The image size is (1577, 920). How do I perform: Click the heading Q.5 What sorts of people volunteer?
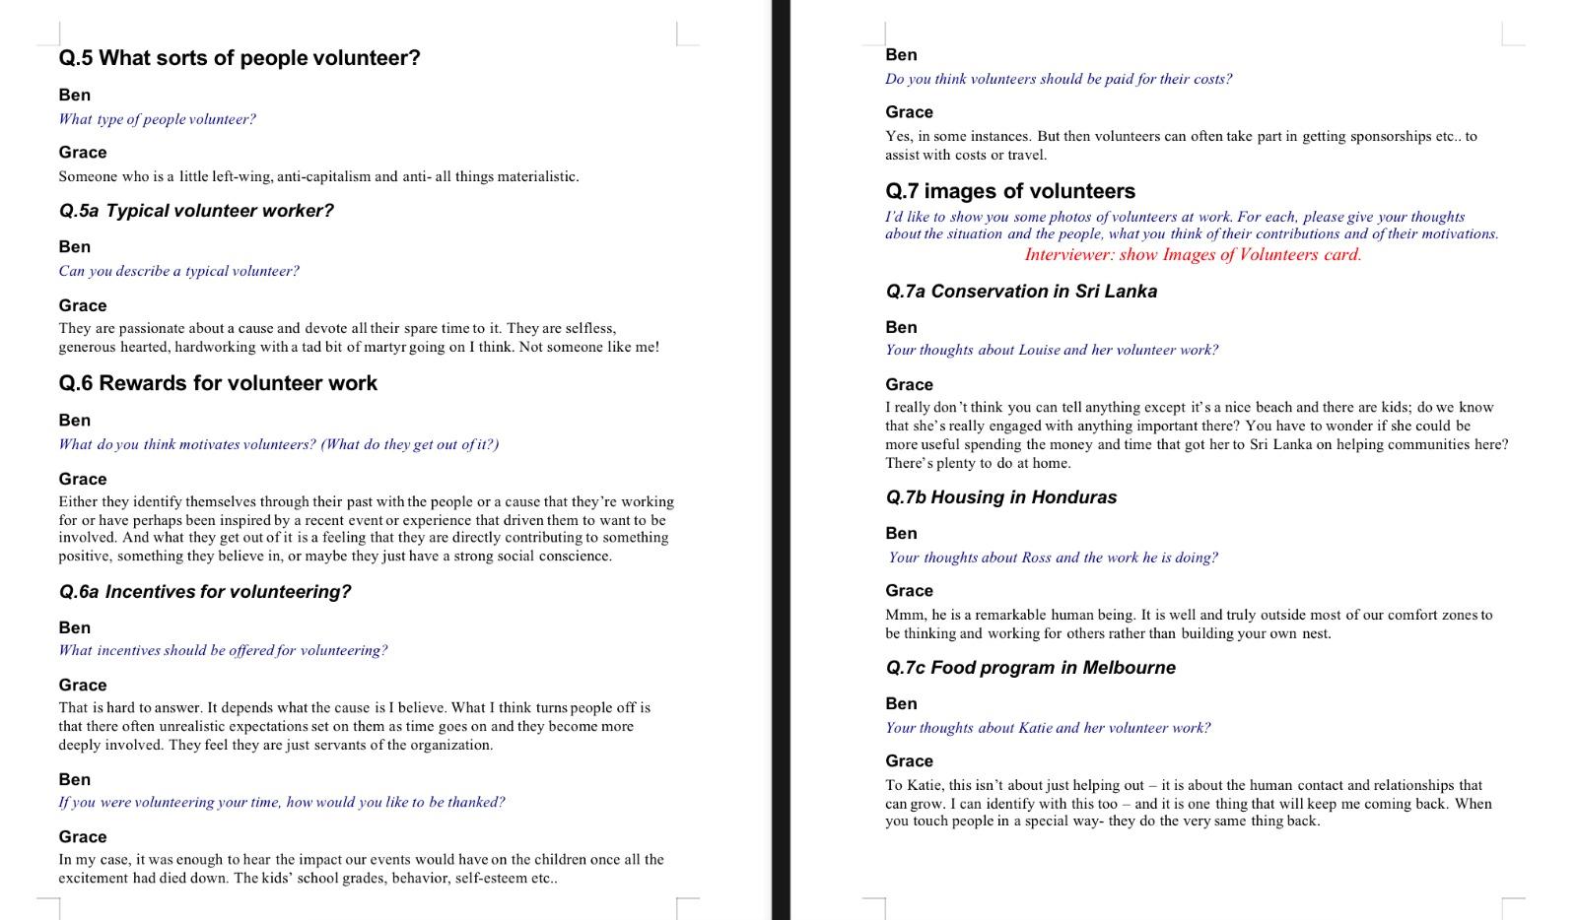240,58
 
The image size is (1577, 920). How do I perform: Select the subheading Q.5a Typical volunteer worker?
196,211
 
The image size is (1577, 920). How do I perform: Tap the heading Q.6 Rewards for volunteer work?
218,383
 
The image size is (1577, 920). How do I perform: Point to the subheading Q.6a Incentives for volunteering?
205,592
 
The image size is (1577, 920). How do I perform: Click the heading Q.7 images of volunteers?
1010,191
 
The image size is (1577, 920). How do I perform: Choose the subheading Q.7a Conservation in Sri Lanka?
1021,292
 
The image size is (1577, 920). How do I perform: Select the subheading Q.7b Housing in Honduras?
1000,497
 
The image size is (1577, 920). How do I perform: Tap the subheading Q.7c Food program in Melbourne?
1030,668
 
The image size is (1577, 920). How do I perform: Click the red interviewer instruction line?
1193,255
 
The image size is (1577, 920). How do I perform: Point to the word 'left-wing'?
241,177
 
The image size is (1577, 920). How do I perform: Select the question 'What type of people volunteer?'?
157,119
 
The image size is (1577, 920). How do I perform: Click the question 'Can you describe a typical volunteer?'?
178,271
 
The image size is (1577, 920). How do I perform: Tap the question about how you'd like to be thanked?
281,802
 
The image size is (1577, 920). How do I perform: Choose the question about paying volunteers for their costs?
1059,79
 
